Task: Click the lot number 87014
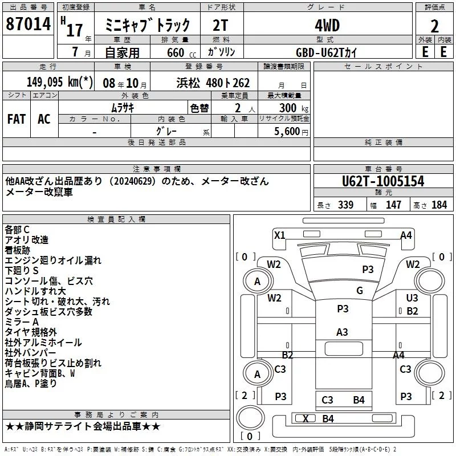point(27,25)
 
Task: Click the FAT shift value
point(16,119)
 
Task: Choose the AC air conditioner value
point(44,119)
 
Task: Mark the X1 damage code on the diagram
point(279,235)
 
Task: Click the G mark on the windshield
point(359,290)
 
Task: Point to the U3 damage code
point(413,298)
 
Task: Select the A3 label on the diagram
point(342,332)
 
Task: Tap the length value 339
point(345,205)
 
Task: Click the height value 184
point(439,205)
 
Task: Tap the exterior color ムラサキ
point(122,107)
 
